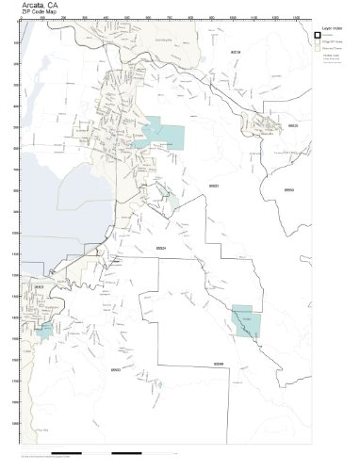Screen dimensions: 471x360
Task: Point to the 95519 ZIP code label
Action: (236, 54)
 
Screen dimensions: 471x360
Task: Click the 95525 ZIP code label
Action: (293, 124)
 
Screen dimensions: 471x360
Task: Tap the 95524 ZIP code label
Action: (161, 249)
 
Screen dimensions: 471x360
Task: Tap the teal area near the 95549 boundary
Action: (243, 321)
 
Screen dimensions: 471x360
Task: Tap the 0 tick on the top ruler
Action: (21, 20)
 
